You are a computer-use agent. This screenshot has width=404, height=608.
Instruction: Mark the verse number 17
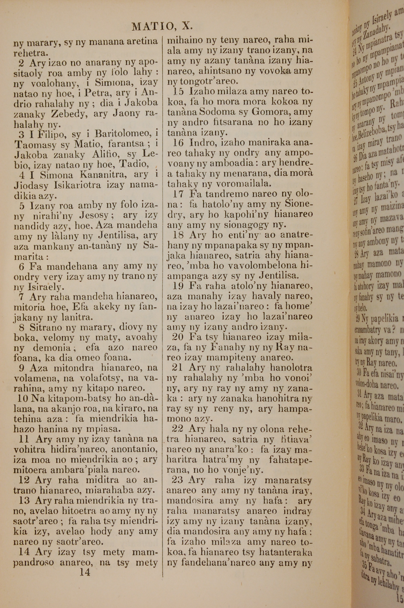[178, 194]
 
